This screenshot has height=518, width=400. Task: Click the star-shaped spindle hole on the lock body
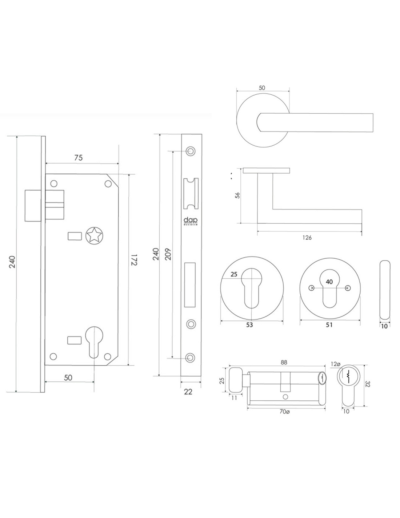(94, 235)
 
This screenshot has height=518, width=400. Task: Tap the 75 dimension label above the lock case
(78, 157)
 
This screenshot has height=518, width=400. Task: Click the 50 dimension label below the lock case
(68, 377)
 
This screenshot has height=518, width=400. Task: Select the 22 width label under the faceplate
(188, 392)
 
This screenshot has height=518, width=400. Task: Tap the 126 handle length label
(307, 238)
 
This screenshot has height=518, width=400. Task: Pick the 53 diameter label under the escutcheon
(249, 325)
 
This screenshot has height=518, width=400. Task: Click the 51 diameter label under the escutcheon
(329, 325)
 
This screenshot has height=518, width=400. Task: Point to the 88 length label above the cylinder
(284, 362)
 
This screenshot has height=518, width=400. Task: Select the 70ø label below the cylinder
(284, 412)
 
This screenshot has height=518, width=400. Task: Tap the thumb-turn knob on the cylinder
(235, 380)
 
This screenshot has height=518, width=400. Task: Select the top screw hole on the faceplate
(189, 151)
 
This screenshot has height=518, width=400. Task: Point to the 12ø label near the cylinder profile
(335, 364)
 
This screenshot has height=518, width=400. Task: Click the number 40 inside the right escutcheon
(329, 282)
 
